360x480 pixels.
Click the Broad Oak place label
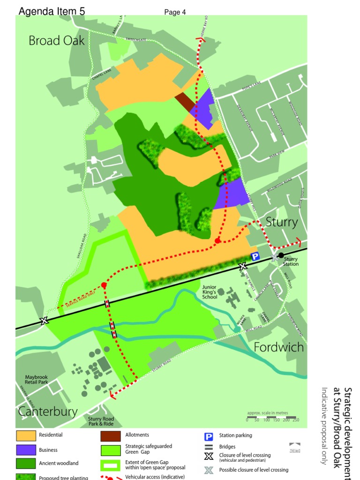click(57, 41)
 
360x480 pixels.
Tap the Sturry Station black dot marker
click(281, 255)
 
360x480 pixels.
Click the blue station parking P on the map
click(255, 256)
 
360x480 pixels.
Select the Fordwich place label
click(278, 347)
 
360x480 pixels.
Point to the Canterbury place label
click(48, 412)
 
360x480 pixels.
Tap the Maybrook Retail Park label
click(37, 379)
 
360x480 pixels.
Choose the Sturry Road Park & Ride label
click(101, 421)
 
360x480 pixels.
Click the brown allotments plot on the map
click(185, 101)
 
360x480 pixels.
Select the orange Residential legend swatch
click(26, 435)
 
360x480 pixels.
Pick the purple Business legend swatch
click(26, 450)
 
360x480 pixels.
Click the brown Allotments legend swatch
click(111, 436)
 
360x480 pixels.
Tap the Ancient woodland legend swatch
click(26, 464)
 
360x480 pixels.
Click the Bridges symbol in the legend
click(209, 447)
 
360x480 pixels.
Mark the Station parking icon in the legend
click(209, 436)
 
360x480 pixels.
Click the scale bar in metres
click(271, 417)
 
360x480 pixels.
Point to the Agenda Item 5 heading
click(52, 12)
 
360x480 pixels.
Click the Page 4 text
click(175, 12)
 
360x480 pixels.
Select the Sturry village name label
click(281, 222)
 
